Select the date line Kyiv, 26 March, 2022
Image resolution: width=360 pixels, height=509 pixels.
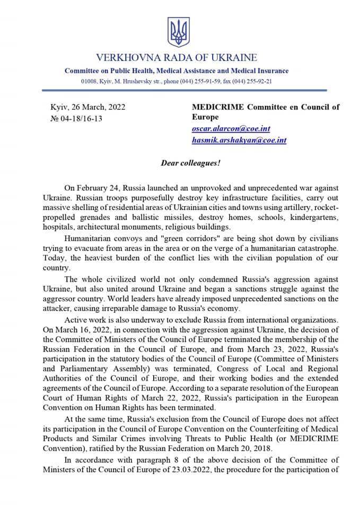pyautogui.click(x=87, y=107)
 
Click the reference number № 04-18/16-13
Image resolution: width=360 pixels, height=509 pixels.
pyautogui.click(x=76, y=118)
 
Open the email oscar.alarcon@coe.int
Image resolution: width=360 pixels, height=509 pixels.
pyautogui.click(x=229, y=129)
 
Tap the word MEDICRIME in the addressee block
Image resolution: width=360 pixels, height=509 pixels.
pyautogui.click(x=217, y=107)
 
